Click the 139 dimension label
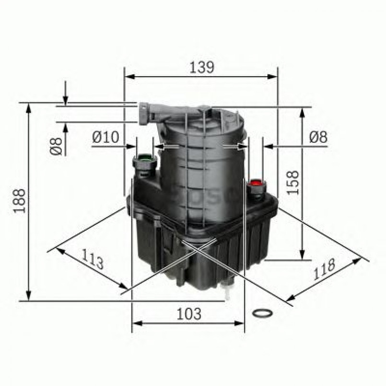pyautogui.click(x=200, y=67)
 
